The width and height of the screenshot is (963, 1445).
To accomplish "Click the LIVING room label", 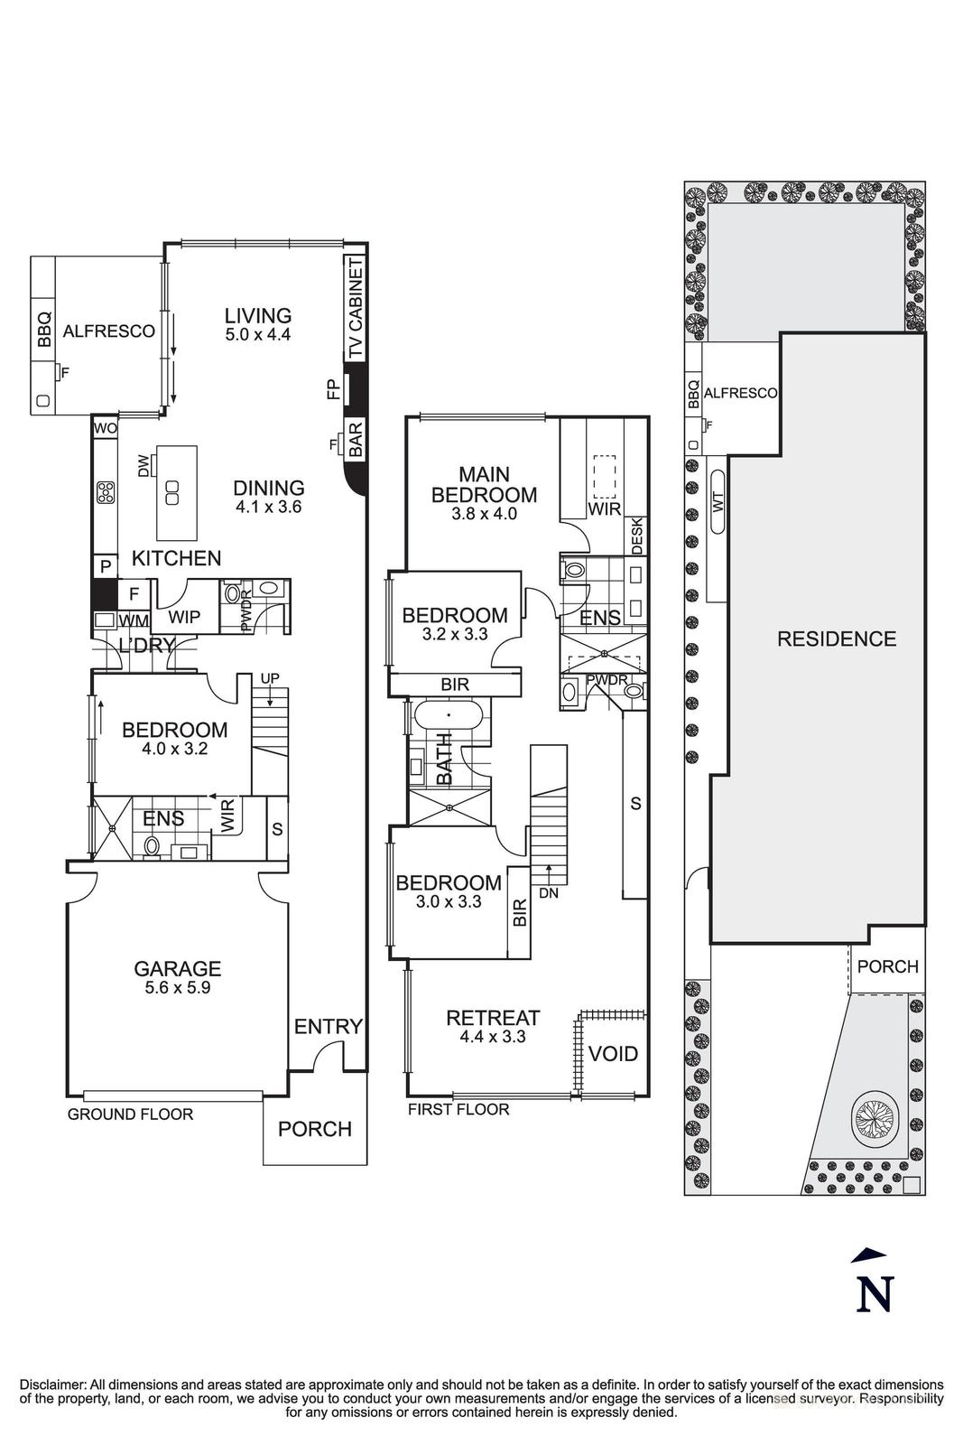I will pos(258,315).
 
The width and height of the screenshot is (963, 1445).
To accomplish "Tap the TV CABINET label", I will pos(356,310).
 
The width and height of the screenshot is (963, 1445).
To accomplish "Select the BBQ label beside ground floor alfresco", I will pos(44,331).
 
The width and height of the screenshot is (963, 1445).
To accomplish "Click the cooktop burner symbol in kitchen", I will pos(106,492).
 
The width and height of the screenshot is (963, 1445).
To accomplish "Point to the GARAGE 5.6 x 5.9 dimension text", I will pos(177,988).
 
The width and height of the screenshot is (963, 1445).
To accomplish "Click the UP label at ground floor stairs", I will pos(269,677).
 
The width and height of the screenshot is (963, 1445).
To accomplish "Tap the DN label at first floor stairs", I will pos(548,893).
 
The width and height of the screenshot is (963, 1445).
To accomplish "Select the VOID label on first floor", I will pos(613,1053).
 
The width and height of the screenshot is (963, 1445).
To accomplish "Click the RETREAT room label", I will pos(493,1018).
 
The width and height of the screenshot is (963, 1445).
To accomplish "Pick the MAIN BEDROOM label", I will pos(484,484).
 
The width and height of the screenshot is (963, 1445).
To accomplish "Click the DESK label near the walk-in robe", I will pos(636,535).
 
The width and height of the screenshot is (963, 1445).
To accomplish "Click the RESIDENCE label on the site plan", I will pos(837,639).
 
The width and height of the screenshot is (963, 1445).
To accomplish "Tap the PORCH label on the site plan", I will pos(887,966).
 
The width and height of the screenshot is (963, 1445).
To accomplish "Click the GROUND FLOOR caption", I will pos(130,1114).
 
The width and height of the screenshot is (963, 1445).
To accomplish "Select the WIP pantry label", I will pos(184,617).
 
